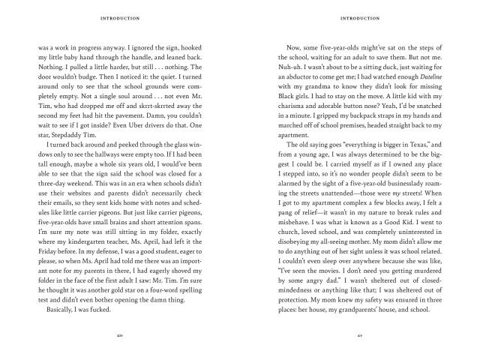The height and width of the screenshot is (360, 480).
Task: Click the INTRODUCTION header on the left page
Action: (121, 16)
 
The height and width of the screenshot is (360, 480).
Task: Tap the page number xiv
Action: (121, 335)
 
